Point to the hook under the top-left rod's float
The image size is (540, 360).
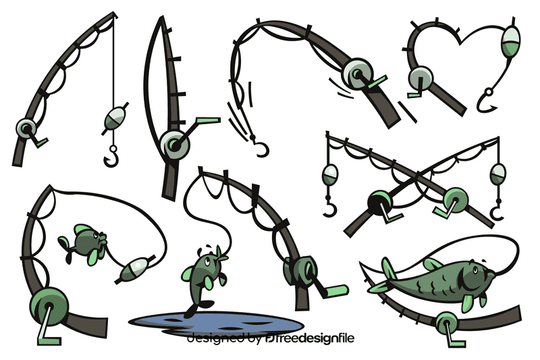coord(111,157)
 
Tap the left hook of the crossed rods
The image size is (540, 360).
coord(329,207)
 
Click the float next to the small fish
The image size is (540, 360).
coord(133,269)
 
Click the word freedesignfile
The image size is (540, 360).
coord(320,338)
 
